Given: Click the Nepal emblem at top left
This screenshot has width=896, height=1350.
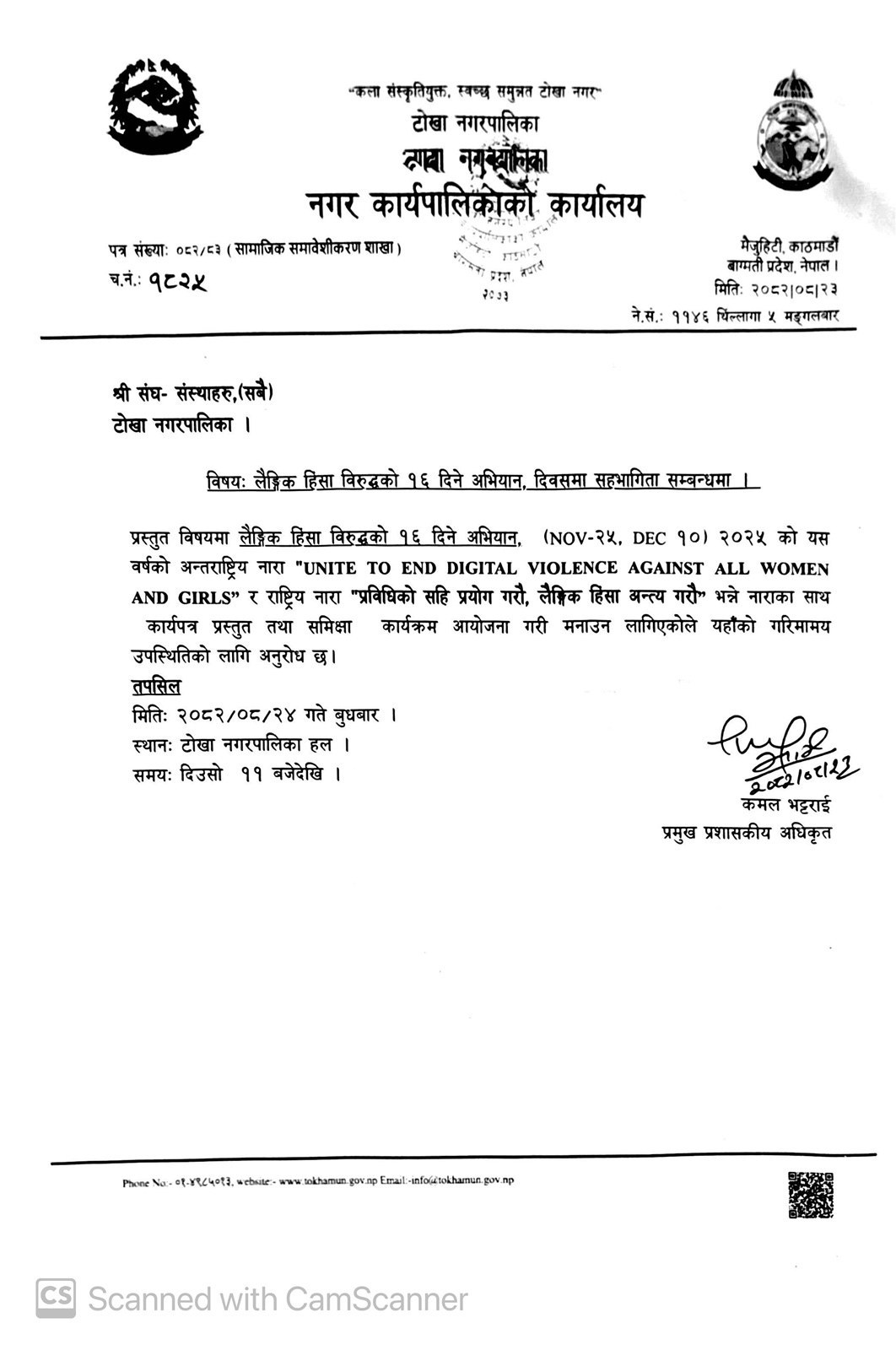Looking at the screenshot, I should click(155, 106).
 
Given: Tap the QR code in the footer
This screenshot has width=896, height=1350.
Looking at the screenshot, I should click(810, 1195).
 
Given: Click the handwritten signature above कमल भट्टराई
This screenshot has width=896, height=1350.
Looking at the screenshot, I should click(776, 748).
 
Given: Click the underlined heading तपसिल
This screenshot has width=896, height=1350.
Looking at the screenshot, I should click(156, 685).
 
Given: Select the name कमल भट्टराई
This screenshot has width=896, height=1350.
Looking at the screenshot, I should click(785, 805).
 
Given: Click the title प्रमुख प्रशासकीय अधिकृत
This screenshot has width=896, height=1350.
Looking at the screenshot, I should click(747, 833).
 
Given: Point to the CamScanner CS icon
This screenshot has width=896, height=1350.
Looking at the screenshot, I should click(56, 1298).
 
